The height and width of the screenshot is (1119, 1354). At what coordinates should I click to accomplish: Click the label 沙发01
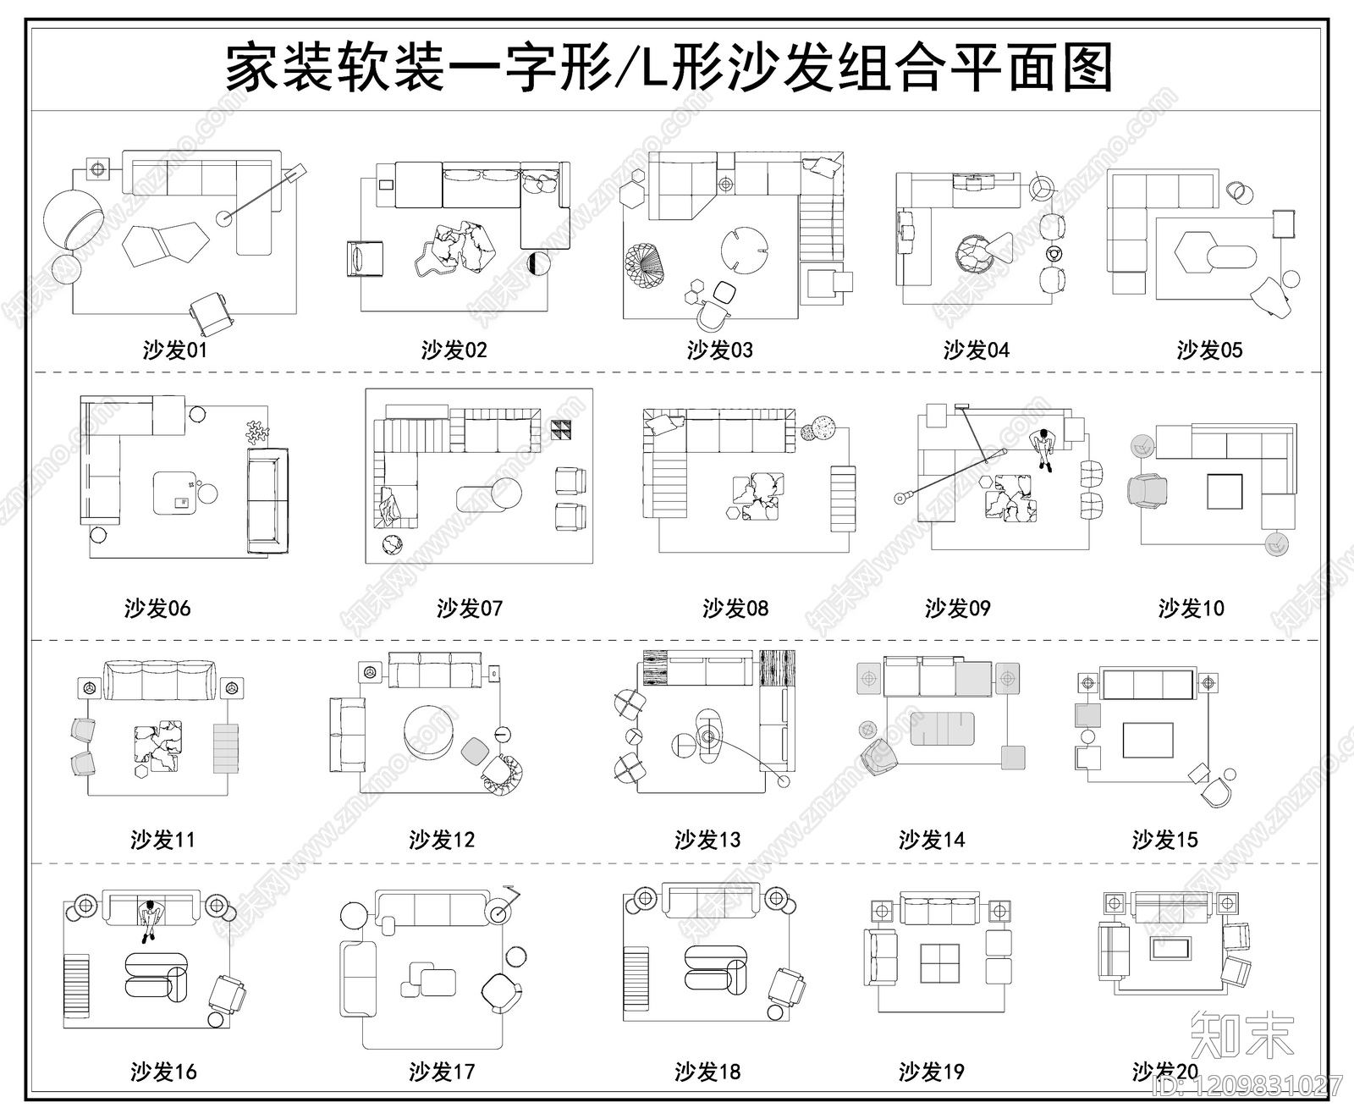coord(174,350)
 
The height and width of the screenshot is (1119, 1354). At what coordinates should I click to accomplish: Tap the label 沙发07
coord(470,608)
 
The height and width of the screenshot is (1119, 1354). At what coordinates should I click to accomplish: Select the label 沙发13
coord(707,840)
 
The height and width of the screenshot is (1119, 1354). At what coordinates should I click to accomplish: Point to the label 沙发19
coord(932,1072)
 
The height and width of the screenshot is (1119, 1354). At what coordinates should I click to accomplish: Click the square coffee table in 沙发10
coord(1225,492)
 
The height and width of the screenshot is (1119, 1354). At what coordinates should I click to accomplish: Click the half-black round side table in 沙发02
coord(537,263)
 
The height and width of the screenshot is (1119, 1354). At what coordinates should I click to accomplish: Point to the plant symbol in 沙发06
coord(256,433)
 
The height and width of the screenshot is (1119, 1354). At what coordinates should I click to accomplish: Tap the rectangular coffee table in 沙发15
coord(1148,741)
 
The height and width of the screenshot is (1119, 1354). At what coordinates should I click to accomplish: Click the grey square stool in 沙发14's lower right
coord(1013,757)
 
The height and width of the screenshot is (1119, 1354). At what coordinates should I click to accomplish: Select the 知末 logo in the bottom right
coord(1241,1034)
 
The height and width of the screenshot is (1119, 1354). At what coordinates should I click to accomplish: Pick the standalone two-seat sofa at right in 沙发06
coord(267,503)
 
